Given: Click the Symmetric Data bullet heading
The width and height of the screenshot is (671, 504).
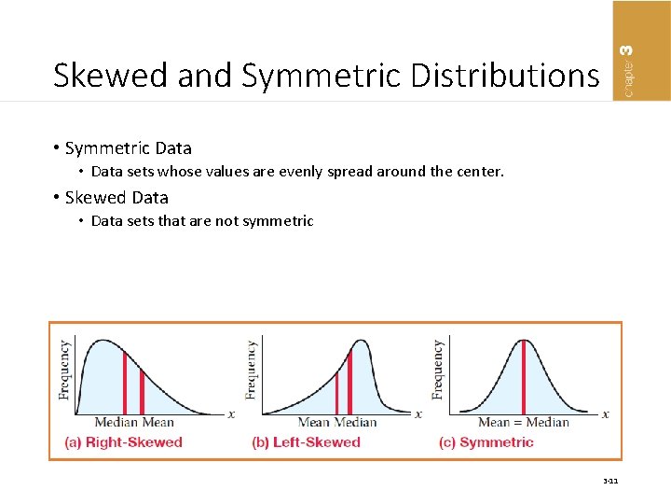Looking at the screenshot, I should (129, 147).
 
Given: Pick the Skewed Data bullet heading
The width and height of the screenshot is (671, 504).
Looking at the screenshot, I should (116, 197).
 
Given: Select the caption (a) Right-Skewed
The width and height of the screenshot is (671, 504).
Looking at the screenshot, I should (123, 442).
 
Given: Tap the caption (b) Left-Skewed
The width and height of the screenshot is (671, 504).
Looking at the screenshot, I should (306, 442).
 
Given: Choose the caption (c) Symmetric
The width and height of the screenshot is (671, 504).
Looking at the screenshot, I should (486, 442).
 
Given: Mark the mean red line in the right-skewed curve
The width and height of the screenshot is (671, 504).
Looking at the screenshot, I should (142, 392).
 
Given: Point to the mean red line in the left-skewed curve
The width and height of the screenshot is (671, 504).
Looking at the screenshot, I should (336, 393).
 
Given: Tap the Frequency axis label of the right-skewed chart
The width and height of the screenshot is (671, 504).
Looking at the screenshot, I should (65, 370).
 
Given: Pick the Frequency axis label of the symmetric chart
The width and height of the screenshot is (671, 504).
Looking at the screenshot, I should (438, 370).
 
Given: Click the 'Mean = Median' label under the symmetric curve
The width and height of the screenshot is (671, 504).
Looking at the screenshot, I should (523, 422).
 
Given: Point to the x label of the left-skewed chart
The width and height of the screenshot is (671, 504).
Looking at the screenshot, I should (418, 413).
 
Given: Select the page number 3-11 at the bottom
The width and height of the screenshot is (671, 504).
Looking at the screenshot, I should (610, 482).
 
